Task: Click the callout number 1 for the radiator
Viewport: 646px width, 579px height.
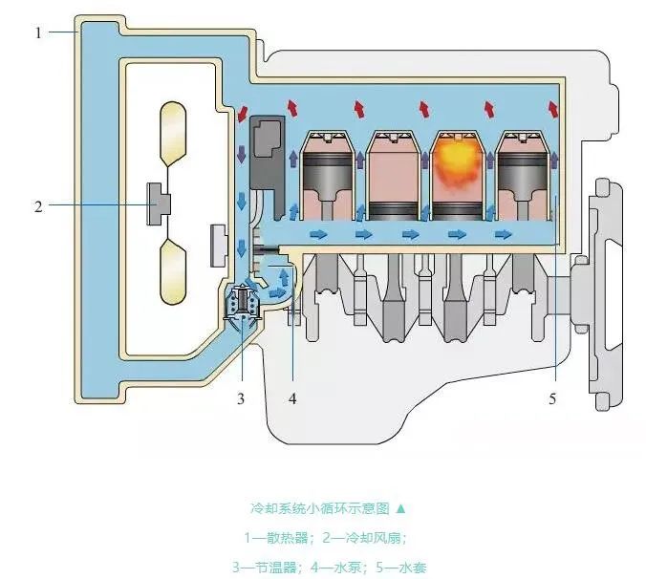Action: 39,32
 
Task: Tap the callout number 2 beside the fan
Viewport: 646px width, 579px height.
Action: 39,205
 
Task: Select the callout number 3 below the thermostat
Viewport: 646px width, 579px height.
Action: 242,397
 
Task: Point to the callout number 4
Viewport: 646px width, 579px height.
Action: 292,397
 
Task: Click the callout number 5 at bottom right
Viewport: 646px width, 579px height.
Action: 552,397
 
